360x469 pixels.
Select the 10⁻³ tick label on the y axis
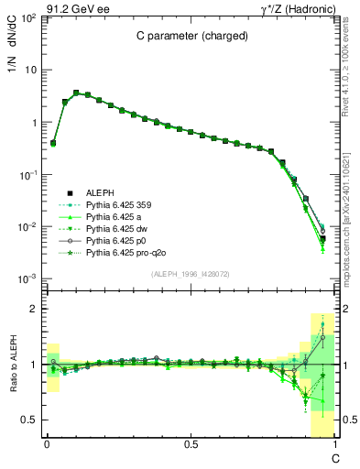(29, 278)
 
